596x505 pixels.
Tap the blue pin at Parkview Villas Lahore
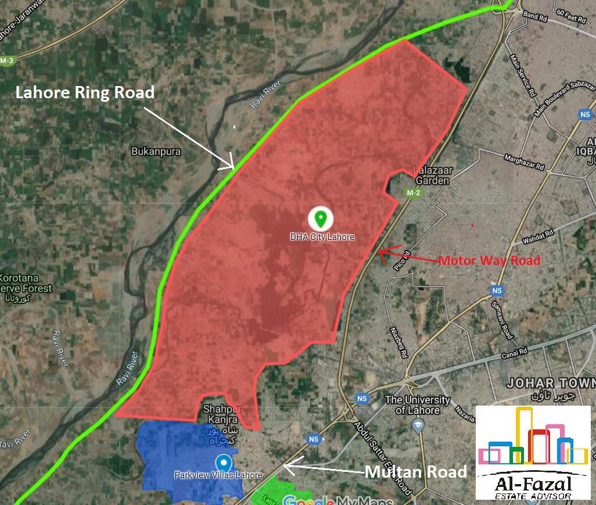tap(223, 463)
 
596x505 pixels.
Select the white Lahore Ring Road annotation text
tap(85, 92)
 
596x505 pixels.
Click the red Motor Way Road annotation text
tap(489, 260)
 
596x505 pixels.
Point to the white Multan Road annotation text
tap(415, 472)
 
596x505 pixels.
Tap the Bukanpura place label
tap(156, 152)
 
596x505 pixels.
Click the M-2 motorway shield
tap(413, 193)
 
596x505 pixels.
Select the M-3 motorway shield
tap(7, 60)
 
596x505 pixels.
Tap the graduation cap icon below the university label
tap(418, 425)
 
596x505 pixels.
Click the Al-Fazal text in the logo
tap(533, 483)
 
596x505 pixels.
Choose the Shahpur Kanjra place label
tap(220, 414)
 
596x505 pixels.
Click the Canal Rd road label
tap(515, 352)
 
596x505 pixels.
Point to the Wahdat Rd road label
tap(537, 237)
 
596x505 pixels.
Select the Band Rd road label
tap(535, 17)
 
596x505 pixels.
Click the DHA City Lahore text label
tap(322, 237)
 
